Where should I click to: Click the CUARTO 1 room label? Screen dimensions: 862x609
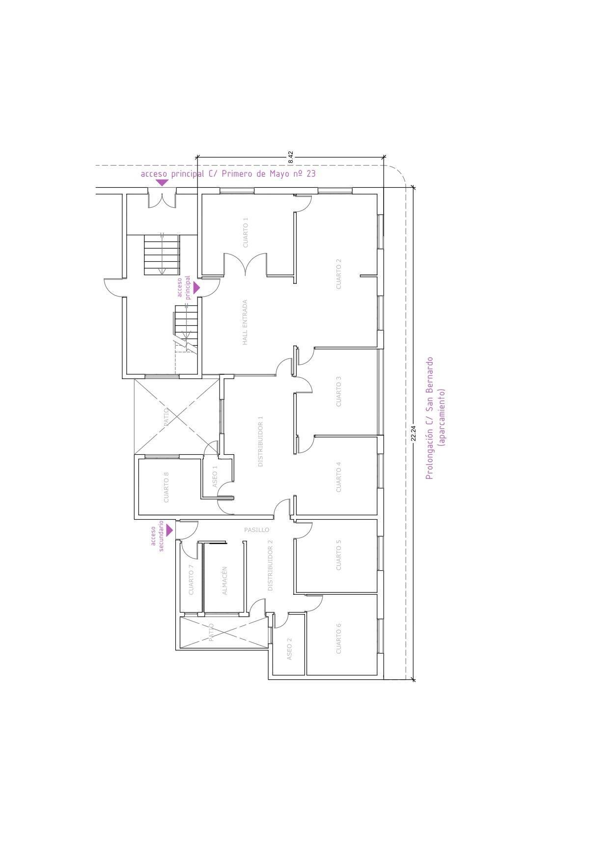click(246, 232)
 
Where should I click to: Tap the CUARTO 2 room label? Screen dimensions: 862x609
click(338, 274)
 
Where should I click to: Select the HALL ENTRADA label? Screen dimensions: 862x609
click(245, 322)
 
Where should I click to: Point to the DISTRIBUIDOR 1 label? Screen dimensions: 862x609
click(261, 441)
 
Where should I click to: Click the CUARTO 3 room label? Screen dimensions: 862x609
click(338, 391)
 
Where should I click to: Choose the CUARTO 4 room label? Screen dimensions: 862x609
click(338, 477)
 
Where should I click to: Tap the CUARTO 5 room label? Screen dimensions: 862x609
click(338, 555)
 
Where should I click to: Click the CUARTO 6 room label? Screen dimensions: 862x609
click(338, 638)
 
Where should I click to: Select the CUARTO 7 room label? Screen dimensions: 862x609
click(191, 580)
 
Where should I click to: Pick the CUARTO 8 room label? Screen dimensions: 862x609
click(166, 487)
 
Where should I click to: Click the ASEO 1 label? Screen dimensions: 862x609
click(215, 476)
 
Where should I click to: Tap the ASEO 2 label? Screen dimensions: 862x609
click(289, 648)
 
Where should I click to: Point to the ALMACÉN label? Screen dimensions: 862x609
click(225, 581)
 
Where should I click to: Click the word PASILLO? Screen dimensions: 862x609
click(257, 530)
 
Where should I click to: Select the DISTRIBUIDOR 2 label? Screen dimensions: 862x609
click(270, 565)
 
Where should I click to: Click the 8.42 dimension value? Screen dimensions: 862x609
click(291, 157)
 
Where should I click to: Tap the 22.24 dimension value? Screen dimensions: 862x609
click(414, 433)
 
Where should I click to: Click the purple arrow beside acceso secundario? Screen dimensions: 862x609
click(169, 530)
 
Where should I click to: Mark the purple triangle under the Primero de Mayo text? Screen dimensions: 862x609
click(162, 183)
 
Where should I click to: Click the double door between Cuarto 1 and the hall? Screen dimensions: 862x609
click(246, 265)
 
